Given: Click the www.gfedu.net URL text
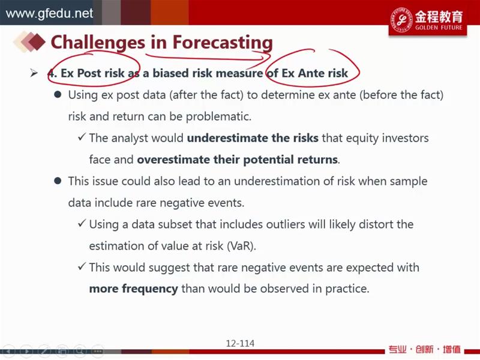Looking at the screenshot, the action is coord(49,13).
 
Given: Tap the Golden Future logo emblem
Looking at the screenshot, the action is coord(401,20).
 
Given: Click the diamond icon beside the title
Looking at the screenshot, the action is coord(29,41).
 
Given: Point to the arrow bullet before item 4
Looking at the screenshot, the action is coord(34,73).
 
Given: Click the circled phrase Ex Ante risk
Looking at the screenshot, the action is coord(314,73).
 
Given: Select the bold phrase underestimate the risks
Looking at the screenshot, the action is coord(253,138).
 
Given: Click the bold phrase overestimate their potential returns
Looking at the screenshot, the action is coord(237,160).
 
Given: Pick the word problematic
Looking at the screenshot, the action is coord(218,116).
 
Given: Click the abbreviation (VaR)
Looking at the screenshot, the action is coord(241,246).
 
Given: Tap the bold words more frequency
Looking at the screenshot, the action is coord(133,289).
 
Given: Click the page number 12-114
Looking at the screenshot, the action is coord(240,343).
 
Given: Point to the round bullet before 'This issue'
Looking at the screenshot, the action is coord(58,181).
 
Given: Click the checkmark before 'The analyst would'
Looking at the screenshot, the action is coord(82,137).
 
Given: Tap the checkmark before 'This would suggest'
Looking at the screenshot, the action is coord(82,266).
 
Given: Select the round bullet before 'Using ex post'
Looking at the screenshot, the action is coord(58,94).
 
